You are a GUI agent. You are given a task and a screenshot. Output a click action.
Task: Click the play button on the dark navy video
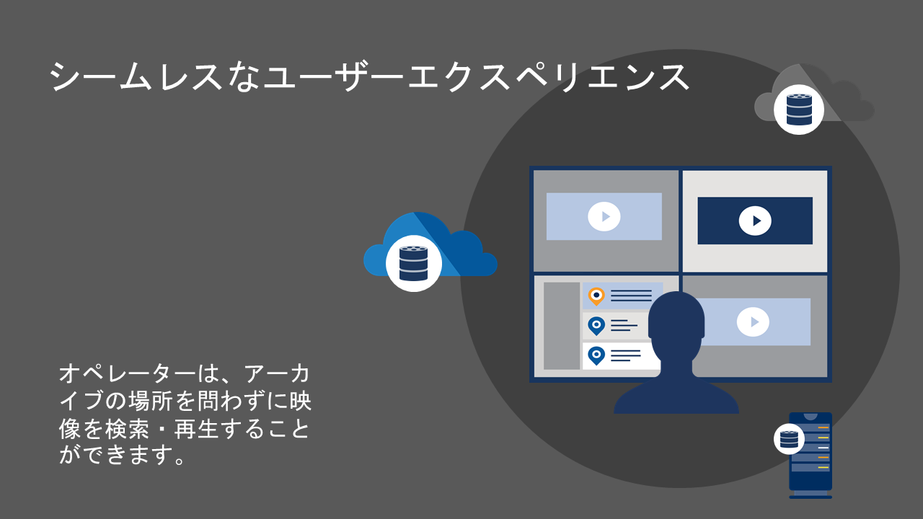(755, 221)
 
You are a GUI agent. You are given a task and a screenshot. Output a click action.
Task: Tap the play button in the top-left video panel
(604, 216)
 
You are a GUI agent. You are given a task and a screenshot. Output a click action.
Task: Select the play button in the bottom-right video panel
(753, 321)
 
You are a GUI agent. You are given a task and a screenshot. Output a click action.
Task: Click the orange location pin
(596, 296)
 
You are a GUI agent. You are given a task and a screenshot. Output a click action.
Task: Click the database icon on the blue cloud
(414, 264)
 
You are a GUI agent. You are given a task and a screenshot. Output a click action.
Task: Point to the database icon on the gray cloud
(799, 110)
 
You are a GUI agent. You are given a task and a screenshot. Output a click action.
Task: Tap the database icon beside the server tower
(789, 439)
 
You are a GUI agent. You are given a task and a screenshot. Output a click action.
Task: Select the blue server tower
(811, 456)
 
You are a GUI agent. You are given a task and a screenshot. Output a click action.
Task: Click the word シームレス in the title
(136, 77)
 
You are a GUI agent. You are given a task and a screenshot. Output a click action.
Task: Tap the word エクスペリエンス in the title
(549, 77)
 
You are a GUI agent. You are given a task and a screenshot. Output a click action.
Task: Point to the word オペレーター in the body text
(128, 373)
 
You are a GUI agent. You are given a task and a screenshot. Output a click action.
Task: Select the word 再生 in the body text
(195, 429)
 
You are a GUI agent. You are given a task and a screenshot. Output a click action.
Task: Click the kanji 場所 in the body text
(150, 401)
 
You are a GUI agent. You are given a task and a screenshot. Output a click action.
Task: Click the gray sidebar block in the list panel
(562, 326)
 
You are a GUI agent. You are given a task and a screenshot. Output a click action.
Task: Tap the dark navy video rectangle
(755, 221)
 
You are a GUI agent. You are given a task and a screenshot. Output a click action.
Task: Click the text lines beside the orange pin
(631, 296)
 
